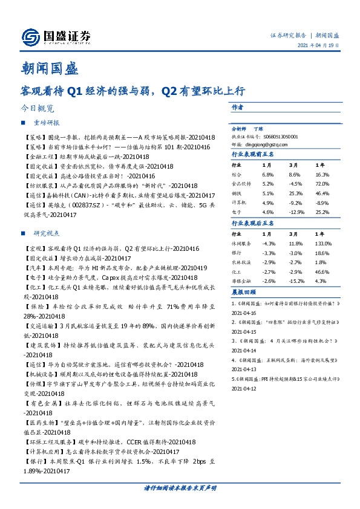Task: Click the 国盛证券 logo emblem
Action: [x=31, y=37]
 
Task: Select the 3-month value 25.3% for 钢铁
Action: [x=295, y=192]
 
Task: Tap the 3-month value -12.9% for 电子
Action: [x=296, y=212]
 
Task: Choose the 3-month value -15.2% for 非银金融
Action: [x=296, y=281]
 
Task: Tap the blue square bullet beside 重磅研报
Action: [x=23, y=123]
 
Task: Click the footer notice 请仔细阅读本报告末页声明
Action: [x=180, y=487]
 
